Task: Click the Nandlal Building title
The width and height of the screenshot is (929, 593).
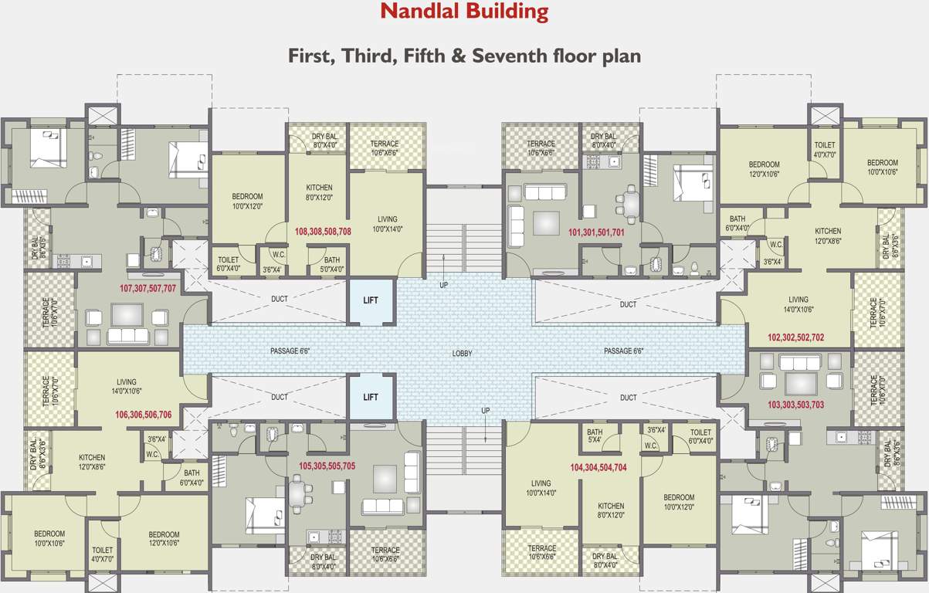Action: (464, 12)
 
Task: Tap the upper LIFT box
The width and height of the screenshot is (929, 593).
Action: (371, 300)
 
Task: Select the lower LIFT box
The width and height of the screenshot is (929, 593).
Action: (371, 397)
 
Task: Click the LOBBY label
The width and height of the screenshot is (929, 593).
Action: (462, 354)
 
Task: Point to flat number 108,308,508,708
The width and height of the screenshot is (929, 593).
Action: (323, 231)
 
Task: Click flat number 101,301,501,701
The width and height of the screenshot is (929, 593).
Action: (596, 232)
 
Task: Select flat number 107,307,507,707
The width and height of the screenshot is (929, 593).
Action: (147, 288)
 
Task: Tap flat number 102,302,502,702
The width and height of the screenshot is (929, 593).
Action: (796, 337)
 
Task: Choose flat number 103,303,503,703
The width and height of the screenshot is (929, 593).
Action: (796, 405)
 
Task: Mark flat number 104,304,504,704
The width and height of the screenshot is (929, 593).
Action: (598, 467)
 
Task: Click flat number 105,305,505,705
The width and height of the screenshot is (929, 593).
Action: (327, 466)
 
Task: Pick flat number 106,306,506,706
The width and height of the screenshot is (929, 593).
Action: (143, 415)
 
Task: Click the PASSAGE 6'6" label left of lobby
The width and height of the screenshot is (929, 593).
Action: (290, 351)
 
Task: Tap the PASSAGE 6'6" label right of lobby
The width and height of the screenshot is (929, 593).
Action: (624, 351)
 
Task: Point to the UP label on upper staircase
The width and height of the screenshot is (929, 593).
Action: (443, 285)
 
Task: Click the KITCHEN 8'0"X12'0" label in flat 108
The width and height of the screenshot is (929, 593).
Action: (319, 192)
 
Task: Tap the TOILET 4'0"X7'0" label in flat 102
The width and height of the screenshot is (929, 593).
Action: (824, 150)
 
